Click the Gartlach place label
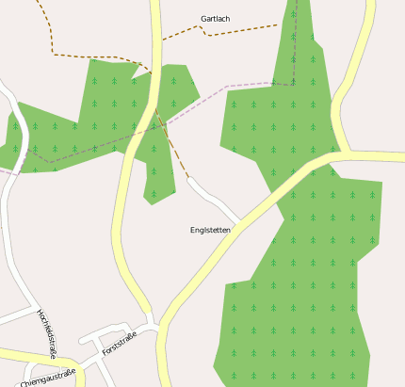coord(215,19)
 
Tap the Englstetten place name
coord(210,230)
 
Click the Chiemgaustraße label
coord(47,378)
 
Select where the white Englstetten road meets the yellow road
coord(238,224)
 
